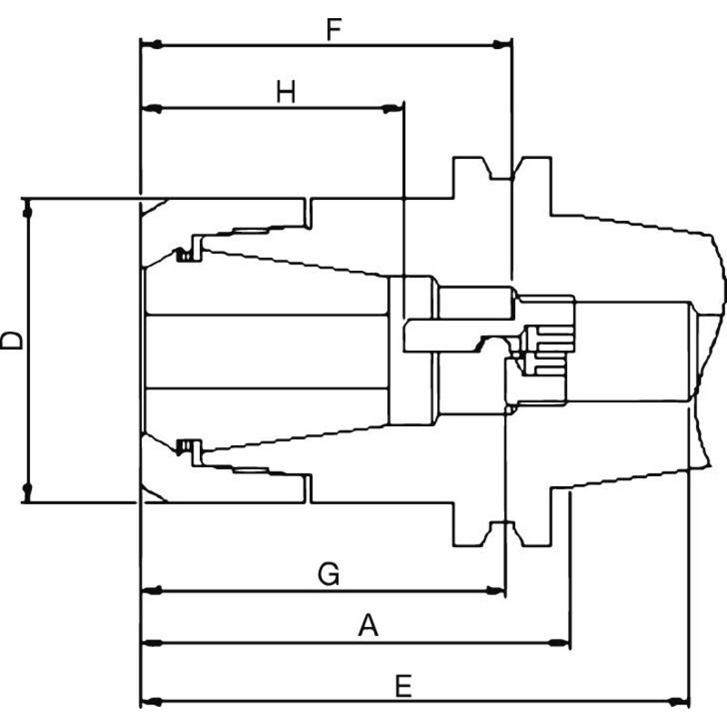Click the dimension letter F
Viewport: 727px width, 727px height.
pyautogui.click(x=334, y=29)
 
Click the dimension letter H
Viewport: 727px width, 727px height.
pyautogui.click(x=285, y=92)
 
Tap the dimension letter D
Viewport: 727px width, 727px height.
pyautogui.click(x=12, y=340)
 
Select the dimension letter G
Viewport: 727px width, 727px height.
pyautogui.click(x=329, y=574)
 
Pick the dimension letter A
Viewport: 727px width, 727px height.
pyautogui.click(x=368, y=625)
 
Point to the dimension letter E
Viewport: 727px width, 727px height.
pyautogui.click(x=403, y=686)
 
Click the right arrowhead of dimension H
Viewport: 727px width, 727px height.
pyautogui.click(x=393, y=109)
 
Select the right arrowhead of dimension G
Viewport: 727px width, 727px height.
pyautogui.click(x=494, y=591)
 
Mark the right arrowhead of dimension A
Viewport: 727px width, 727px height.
pyautogui.click(x=559, y=643)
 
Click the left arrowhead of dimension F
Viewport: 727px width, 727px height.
pyautogui.click(x=152, y=45)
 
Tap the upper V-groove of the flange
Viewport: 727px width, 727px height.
pyautogui.click(x=503, y=168)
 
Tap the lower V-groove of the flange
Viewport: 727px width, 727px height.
pyautogui.click(x=503, y=533)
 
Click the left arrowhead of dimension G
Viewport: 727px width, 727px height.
pyautogui.click(x=152, y=591)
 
